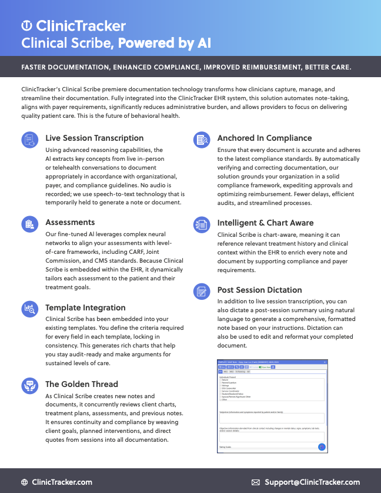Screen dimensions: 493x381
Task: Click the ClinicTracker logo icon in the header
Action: [x=26, y=26]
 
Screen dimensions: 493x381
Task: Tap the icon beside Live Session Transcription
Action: [x=29, y=140]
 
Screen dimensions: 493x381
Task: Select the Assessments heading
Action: [x=70, y=222]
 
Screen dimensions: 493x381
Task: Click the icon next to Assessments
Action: [x=29, y=224]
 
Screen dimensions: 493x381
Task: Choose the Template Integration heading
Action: [x=85, y=307]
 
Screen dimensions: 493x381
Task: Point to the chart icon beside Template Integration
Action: [x=29, y=309]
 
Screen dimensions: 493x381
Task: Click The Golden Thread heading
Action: [x=82, y=384]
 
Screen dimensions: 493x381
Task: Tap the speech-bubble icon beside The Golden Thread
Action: [x=29, y=386]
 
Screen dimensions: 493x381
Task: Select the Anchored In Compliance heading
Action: [x=265, y=138]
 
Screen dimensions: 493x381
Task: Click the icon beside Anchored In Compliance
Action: [x=201, y=140]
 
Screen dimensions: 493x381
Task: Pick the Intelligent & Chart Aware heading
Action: [x=265, y=223]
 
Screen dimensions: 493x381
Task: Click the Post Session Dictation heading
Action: [x=259, y=290]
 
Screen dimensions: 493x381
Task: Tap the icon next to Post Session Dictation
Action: [x=201, y=291]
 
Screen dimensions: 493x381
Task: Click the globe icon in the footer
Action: [x=24, y=482]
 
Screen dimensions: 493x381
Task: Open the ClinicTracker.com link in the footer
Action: [x=62, y=482]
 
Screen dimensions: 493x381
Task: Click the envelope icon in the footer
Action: [x=256, y=482]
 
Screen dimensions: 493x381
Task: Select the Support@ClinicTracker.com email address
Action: [x=312, y=482]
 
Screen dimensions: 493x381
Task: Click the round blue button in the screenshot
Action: [x=322, y=447]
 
